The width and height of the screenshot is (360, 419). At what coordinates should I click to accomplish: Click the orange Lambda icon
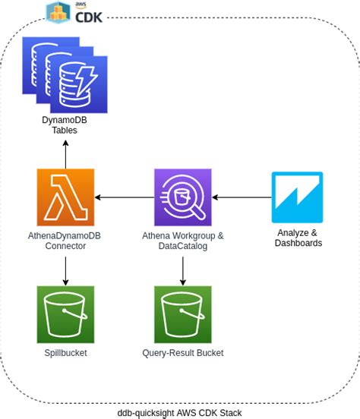(x=65, y=197)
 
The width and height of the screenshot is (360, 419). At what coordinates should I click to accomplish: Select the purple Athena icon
(x=182, y=197)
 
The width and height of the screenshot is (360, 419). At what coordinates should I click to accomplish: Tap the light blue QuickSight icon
(x=297, y=197)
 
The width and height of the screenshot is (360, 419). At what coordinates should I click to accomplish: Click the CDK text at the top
(x=88, y=14)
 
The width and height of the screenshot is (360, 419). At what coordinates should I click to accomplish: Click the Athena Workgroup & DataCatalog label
(x=182, y=241)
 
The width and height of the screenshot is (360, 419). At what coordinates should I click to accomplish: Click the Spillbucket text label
(x=65, y=353)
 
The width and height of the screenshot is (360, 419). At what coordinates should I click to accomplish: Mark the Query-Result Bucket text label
(x=182, y=353)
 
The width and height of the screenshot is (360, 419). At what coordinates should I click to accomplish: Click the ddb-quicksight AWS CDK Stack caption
(x=180, y=411)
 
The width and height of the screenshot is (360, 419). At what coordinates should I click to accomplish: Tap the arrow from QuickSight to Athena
(x=241, y=197)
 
